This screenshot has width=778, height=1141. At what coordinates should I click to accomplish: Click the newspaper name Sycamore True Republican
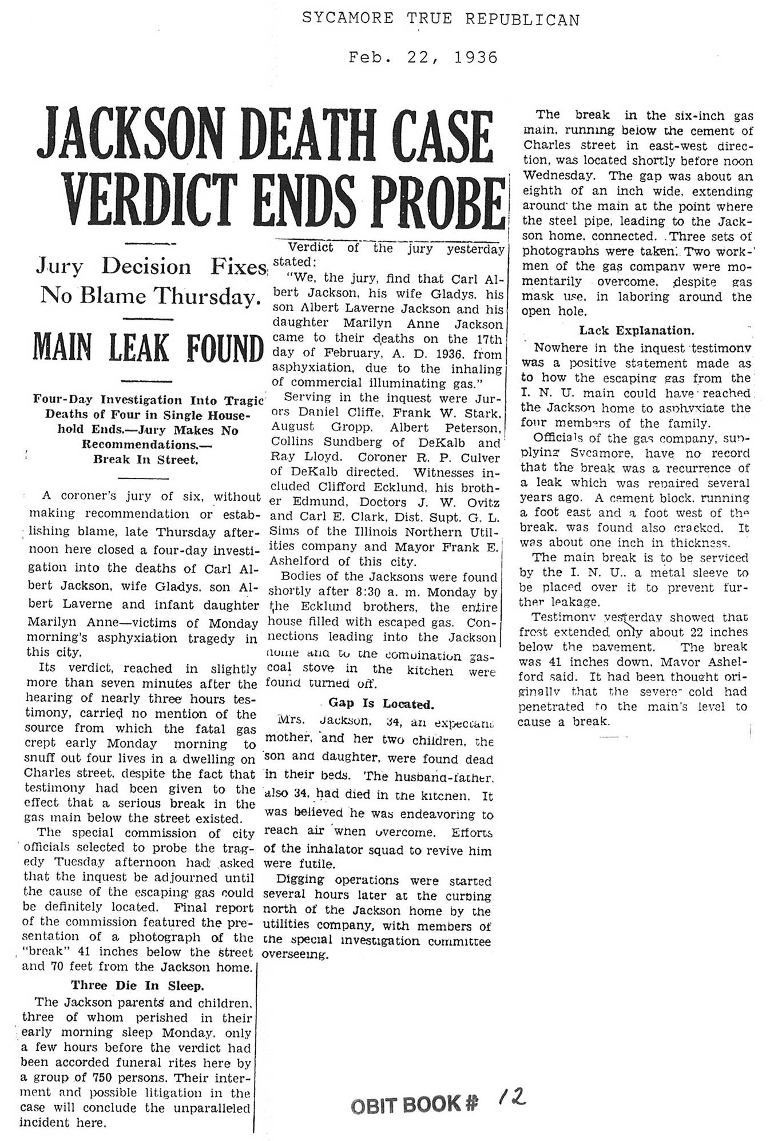[x=440, y=20]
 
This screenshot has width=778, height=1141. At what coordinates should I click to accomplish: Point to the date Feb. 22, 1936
[x=423, y=58]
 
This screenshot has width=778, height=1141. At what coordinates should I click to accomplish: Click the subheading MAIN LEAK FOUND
[x=148, y=348]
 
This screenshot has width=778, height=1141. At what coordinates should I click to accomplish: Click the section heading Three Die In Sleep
[x=137, y=985]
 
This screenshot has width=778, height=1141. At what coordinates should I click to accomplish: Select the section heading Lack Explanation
[x=637, y=331]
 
